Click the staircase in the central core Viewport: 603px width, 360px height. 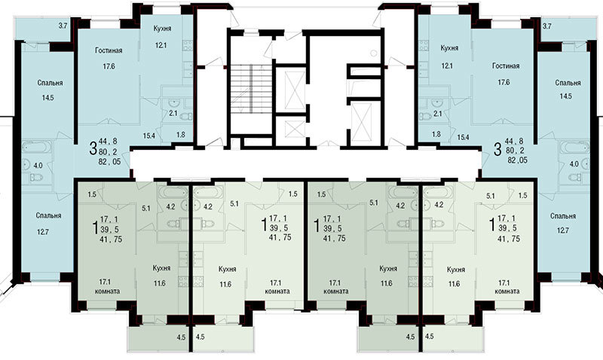tap(251, 88)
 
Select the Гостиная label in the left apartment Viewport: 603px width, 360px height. tap(109, 50)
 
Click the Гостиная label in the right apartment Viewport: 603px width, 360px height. tap(506, 66)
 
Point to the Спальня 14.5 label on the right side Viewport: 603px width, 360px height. tap(568, 89)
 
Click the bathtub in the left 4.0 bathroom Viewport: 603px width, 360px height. tap(37, 147)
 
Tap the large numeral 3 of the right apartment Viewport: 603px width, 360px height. tap(497, 149)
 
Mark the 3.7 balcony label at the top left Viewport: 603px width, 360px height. tap(63, 26)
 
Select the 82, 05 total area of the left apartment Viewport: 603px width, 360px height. tap(109, 162)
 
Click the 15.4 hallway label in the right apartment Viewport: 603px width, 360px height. tap(464, 136)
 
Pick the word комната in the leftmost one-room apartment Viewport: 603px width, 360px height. tap(107, 291)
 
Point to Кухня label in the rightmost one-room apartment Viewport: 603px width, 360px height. tap(456, 270)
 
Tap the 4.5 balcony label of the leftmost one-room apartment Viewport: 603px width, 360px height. tap(181, 337)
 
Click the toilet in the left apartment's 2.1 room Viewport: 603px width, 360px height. tap(185, 117)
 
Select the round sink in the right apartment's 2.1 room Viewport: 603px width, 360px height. tap(437, 103)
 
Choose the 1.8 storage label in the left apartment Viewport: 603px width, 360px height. tap(180, 135)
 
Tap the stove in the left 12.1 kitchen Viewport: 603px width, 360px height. tap(188, 45)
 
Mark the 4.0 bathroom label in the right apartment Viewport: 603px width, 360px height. tap(574, 164)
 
